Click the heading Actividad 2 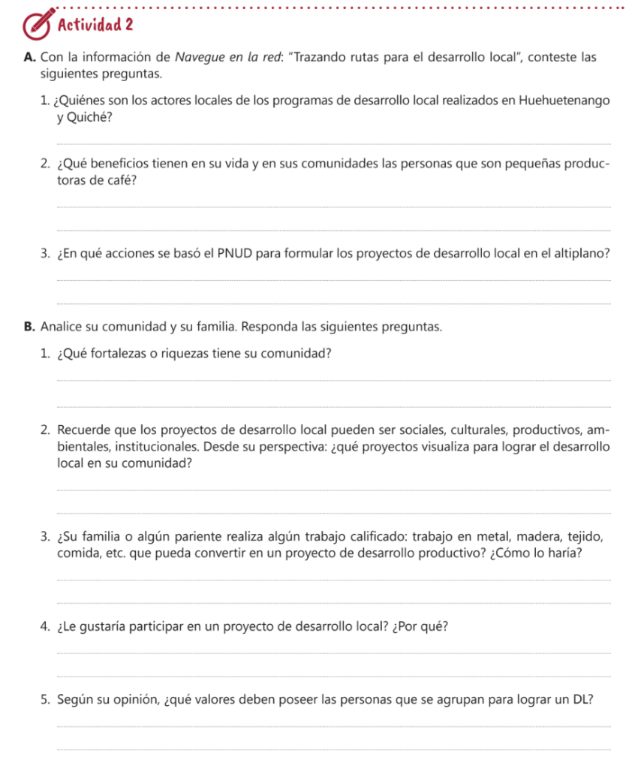[x=95, y=24]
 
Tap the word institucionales [x=131, y=447]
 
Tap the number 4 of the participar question [x=47, y=627]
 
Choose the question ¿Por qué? [x=417, y=627]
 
